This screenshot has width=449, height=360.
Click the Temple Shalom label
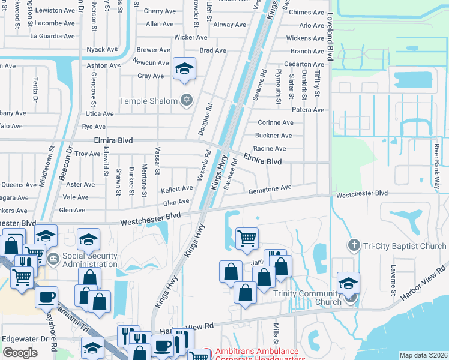(x=149, y=101)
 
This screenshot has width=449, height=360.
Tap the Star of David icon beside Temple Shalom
(x=187, y=100)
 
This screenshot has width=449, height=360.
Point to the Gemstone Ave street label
(x=270, y=188)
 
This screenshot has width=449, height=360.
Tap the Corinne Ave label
(x=275, y=122)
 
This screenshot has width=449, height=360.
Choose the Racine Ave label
(x=270, y=148)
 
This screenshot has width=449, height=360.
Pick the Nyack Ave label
(x=102, y=50)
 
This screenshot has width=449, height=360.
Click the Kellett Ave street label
(x=175, y=190)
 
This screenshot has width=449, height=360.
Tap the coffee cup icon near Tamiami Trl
(x=46, y=296)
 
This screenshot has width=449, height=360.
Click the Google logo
(x=20, y=353)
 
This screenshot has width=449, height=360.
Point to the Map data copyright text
(x=423, y=355)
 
